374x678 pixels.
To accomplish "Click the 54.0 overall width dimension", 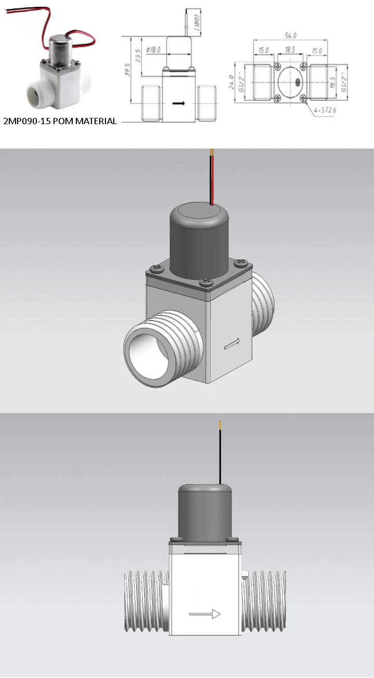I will coord(291,35).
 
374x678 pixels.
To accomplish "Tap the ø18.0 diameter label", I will coord(154,50).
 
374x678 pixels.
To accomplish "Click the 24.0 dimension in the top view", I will coord(232,82).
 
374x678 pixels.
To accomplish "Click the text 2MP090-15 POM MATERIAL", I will coord(60,122).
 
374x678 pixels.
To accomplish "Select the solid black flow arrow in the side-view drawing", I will coord(179,103).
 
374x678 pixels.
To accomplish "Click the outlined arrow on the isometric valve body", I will coord(232,343).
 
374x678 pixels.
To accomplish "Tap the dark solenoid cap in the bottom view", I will coord(205,513).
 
